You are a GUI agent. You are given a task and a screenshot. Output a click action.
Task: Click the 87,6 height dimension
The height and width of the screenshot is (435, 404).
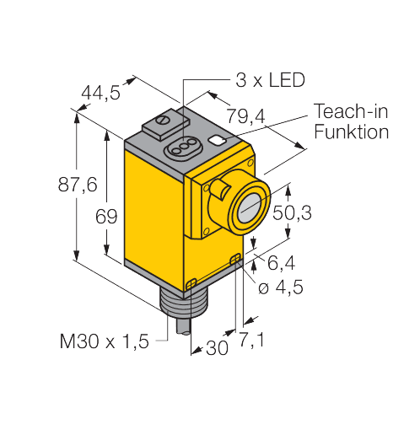pos(78,185)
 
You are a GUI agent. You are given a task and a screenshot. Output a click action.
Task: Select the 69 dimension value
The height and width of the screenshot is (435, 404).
pos(106,217)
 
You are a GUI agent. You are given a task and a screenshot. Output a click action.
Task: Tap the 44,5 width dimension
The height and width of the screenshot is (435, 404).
pos(100,92)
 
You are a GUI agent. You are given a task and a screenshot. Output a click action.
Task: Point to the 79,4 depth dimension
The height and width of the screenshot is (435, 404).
pos(245,115)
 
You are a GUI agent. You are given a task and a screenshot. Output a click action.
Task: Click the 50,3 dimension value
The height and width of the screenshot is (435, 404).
pos(292,212)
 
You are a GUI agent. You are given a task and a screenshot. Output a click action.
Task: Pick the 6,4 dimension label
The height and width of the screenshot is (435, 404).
pos(281,263)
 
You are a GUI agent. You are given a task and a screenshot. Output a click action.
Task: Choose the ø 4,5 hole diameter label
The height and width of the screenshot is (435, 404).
pos(281,287)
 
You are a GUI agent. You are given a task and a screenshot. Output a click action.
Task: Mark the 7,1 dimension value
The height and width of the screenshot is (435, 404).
pos(251,340)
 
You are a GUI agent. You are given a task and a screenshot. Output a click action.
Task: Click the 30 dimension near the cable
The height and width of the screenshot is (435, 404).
pos(217,348)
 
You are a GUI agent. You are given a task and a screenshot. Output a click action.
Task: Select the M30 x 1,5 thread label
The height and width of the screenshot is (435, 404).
pos(105,341)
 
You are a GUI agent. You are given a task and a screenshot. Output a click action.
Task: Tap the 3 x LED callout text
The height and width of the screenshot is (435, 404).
pos(270,80)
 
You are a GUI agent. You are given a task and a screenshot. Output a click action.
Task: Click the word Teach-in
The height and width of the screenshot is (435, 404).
pos(351,110)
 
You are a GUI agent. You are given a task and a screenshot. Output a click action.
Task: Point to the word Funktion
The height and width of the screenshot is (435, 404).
pos(352,132)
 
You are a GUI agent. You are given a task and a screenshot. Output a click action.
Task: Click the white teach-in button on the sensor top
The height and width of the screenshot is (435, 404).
pos(217,140)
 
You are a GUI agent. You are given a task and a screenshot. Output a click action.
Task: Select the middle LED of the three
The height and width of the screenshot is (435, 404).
pos(185,147)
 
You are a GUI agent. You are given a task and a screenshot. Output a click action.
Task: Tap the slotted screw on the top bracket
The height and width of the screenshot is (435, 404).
pos(163,120)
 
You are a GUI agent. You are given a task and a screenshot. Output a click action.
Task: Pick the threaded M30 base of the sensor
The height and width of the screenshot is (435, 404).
pos(175,304)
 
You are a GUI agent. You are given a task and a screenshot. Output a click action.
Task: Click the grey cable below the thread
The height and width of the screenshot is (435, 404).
pos(183,326)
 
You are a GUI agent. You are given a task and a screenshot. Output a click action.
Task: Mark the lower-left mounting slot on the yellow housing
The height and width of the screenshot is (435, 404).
pos(191,284)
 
